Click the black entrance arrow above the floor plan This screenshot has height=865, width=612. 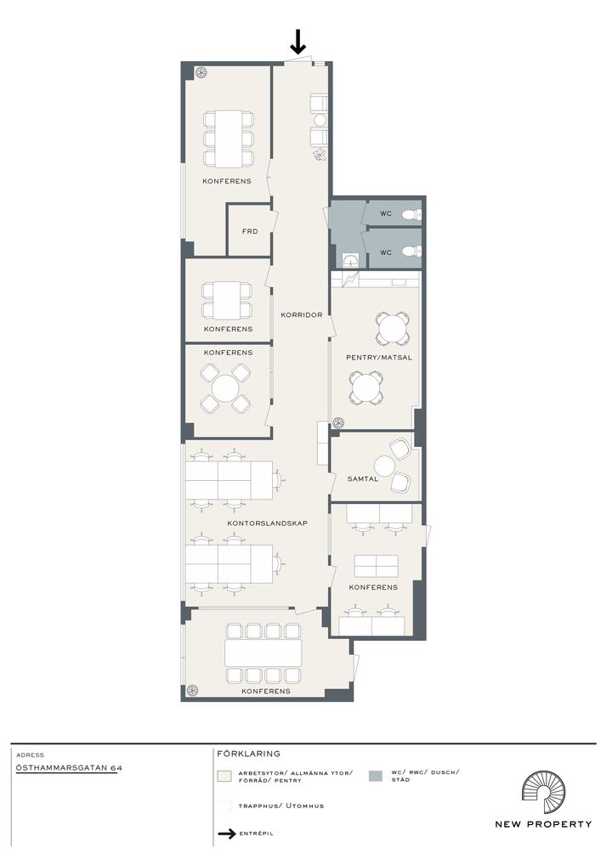point(298,42)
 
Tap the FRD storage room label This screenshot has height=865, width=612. point(250,231)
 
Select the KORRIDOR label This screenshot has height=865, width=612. point(301,315)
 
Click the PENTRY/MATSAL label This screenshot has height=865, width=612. point(378,357)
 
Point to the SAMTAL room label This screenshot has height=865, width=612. point(363,479)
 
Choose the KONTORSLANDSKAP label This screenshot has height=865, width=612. point(267,523)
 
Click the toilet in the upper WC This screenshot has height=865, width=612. point(410,214)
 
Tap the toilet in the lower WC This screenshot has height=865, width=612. point(410,251)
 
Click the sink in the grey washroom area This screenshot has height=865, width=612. point(348,258)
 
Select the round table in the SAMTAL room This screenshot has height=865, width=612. point(384,466)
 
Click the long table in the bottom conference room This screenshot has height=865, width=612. point(263,653)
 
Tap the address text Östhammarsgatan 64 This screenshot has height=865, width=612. point(69,767)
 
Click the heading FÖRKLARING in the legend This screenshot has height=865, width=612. point(248,753)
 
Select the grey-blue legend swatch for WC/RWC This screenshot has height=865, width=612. point(375,776)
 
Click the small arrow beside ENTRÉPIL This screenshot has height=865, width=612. point(227,834)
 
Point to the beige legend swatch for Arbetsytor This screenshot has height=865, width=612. point(224,776)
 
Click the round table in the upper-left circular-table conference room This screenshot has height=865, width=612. point(225,388)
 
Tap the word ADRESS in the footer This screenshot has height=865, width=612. point(30,755)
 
